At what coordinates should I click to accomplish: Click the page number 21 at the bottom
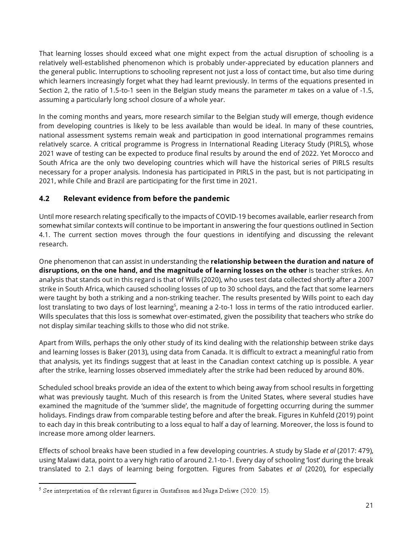369,505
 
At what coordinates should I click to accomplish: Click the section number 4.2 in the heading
44,199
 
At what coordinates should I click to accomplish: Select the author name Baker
116,352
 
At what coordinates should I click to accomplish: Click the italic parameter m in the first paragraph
292,90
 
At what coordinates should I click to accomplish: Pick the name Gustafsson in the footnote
174,491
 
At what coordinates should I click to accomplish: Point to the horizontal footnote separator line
87,483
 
